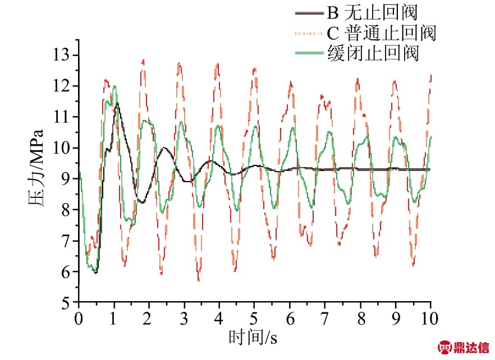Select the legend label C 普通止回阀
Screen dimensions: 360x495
(382, 33)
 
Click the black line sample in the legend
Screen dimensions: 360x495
(309, 12)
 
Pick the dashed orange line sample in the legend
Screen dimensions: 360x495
(309, 33)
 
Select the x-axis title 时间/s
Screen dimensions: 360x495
(253, 338)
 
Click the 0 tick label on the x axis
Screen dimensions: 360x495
(79, 319)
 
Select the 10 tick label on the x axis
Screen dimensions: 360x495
(430, 319)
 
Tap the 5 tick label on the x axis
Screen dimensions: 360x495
(255, 319)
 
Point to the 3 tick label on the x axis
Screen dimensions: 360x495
(184, 319)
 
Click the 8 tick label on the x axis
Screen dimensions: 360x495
(360, 319)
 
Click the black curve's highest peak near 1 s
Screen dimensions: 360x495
(117, 104)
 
